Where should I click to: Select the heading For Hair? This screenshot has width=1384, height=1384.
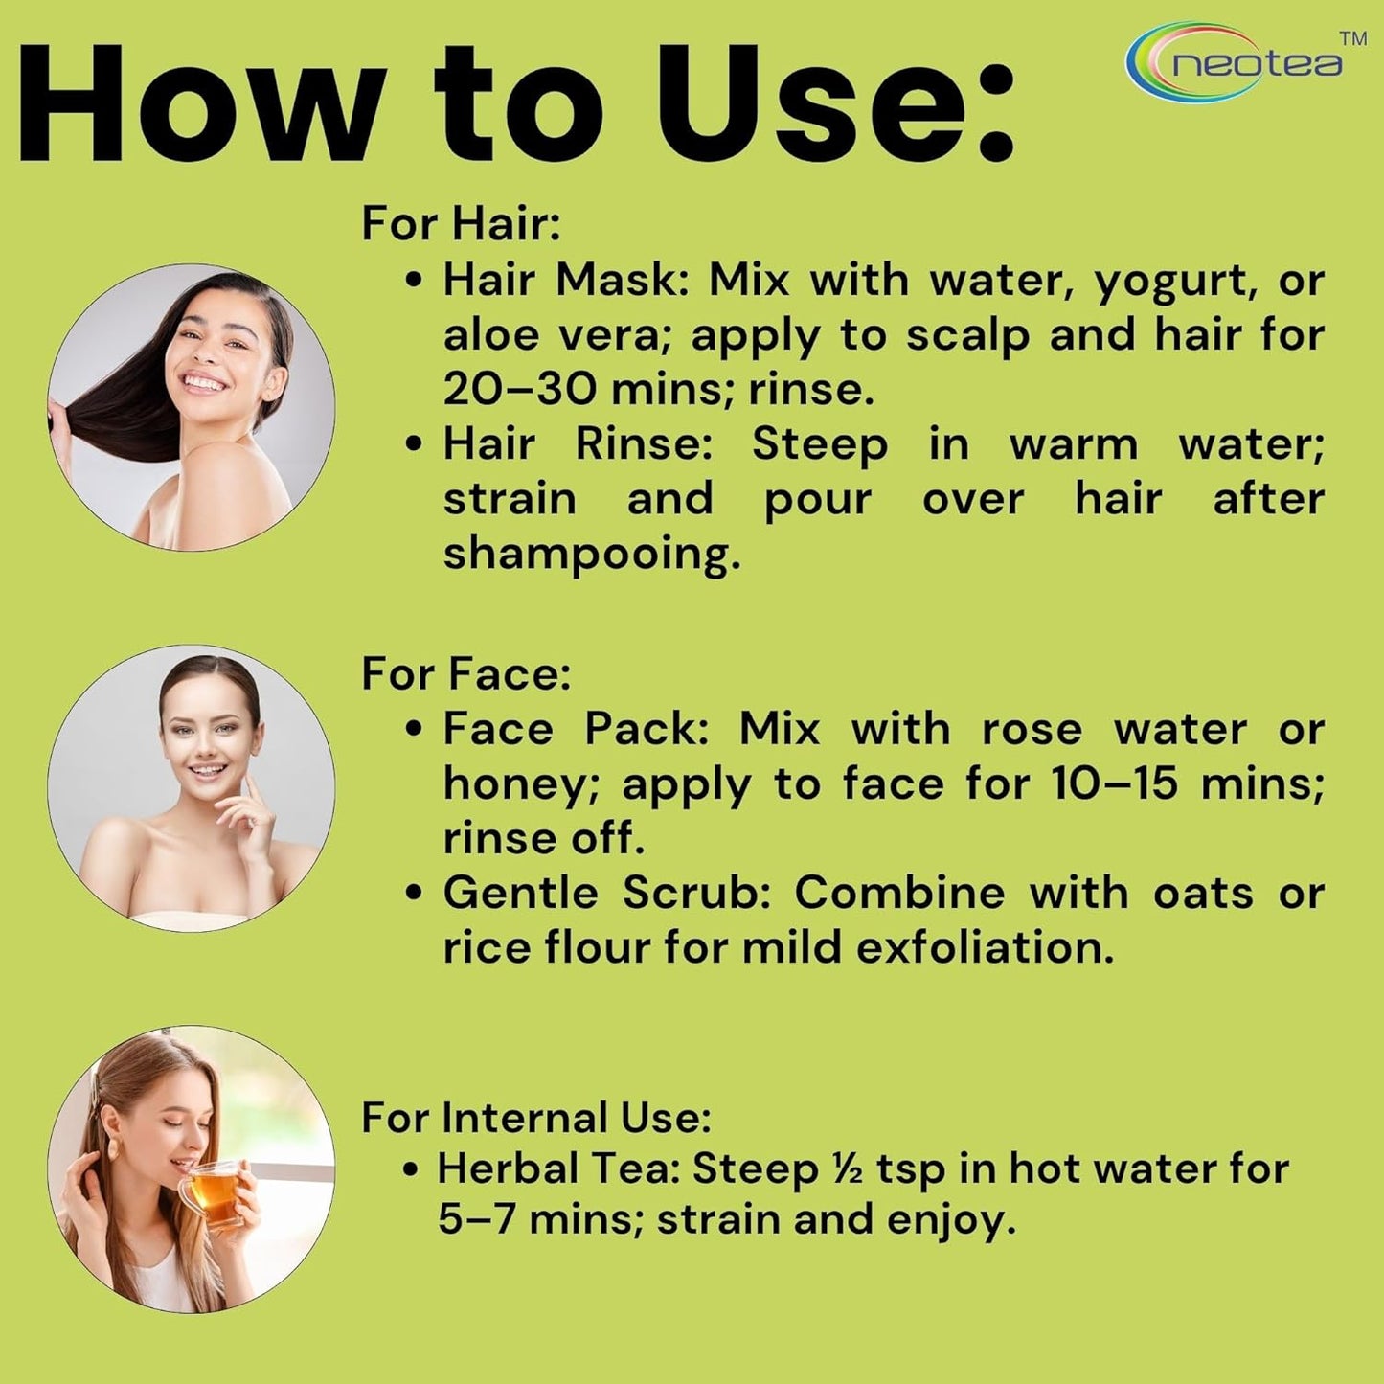[461, 223]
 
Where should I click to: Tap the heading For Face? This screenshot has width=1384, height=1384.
[466, 673]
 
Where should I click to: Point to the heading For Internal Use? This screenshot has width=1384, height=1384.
[536, 1118]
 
